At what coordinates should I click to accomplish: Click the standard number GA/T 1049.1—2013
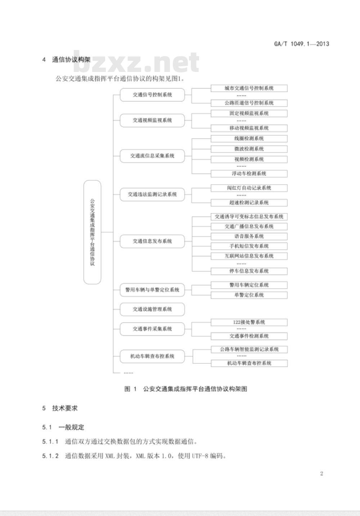pos(301,44)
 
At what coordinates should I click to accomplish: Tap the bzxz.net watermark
pos(136,62)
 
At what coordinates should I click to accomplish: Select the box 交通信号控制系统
pos(152,95)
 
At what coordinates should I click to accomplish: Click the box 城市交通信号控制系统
pos(249,88)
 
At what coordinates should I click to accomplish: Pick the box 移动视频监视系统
pos(249,128)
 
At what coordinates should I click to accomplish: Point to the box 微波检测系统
pos(249,149)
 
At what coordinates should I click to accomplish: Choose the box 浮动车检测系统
pos(249,173)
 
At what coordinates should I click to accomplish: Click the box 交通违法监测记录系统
pos(152,194)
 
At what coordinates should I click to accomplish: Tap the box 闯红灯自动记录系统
pos(249,188)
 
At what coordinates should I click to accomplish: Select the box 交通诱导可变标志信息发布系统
pos(249,217)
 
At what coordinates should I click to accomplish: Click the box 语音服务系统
pos(249,236)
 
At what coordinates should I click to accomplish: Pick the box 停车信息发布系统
pos(249,271)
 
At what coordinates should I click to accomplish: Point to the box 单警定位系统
pos(249,295)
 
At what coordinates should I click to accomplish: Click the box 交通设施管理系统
pos(152,309)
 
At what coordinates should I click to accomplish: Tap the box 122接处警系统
pos(249,322)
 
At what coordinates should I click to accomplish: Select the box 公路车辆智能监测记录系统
pos(249,349)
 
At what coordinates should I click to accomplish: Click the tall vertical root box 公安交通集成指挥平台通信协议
pos(92,232)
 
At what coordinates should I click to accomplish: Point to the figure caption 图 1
pos(130,389)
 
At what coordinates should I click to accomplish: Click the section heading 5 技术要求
pos(60,415)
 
